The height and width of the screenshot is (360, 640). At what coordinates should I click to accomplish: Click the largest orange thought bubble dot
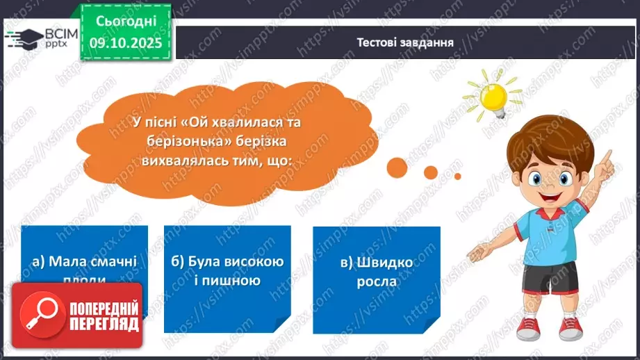pyautogui.click(x=397, y=167)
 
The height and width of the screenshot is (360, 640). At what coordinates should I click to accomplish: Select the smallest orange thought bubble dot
pyautogui.click(x=457, y=177)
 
